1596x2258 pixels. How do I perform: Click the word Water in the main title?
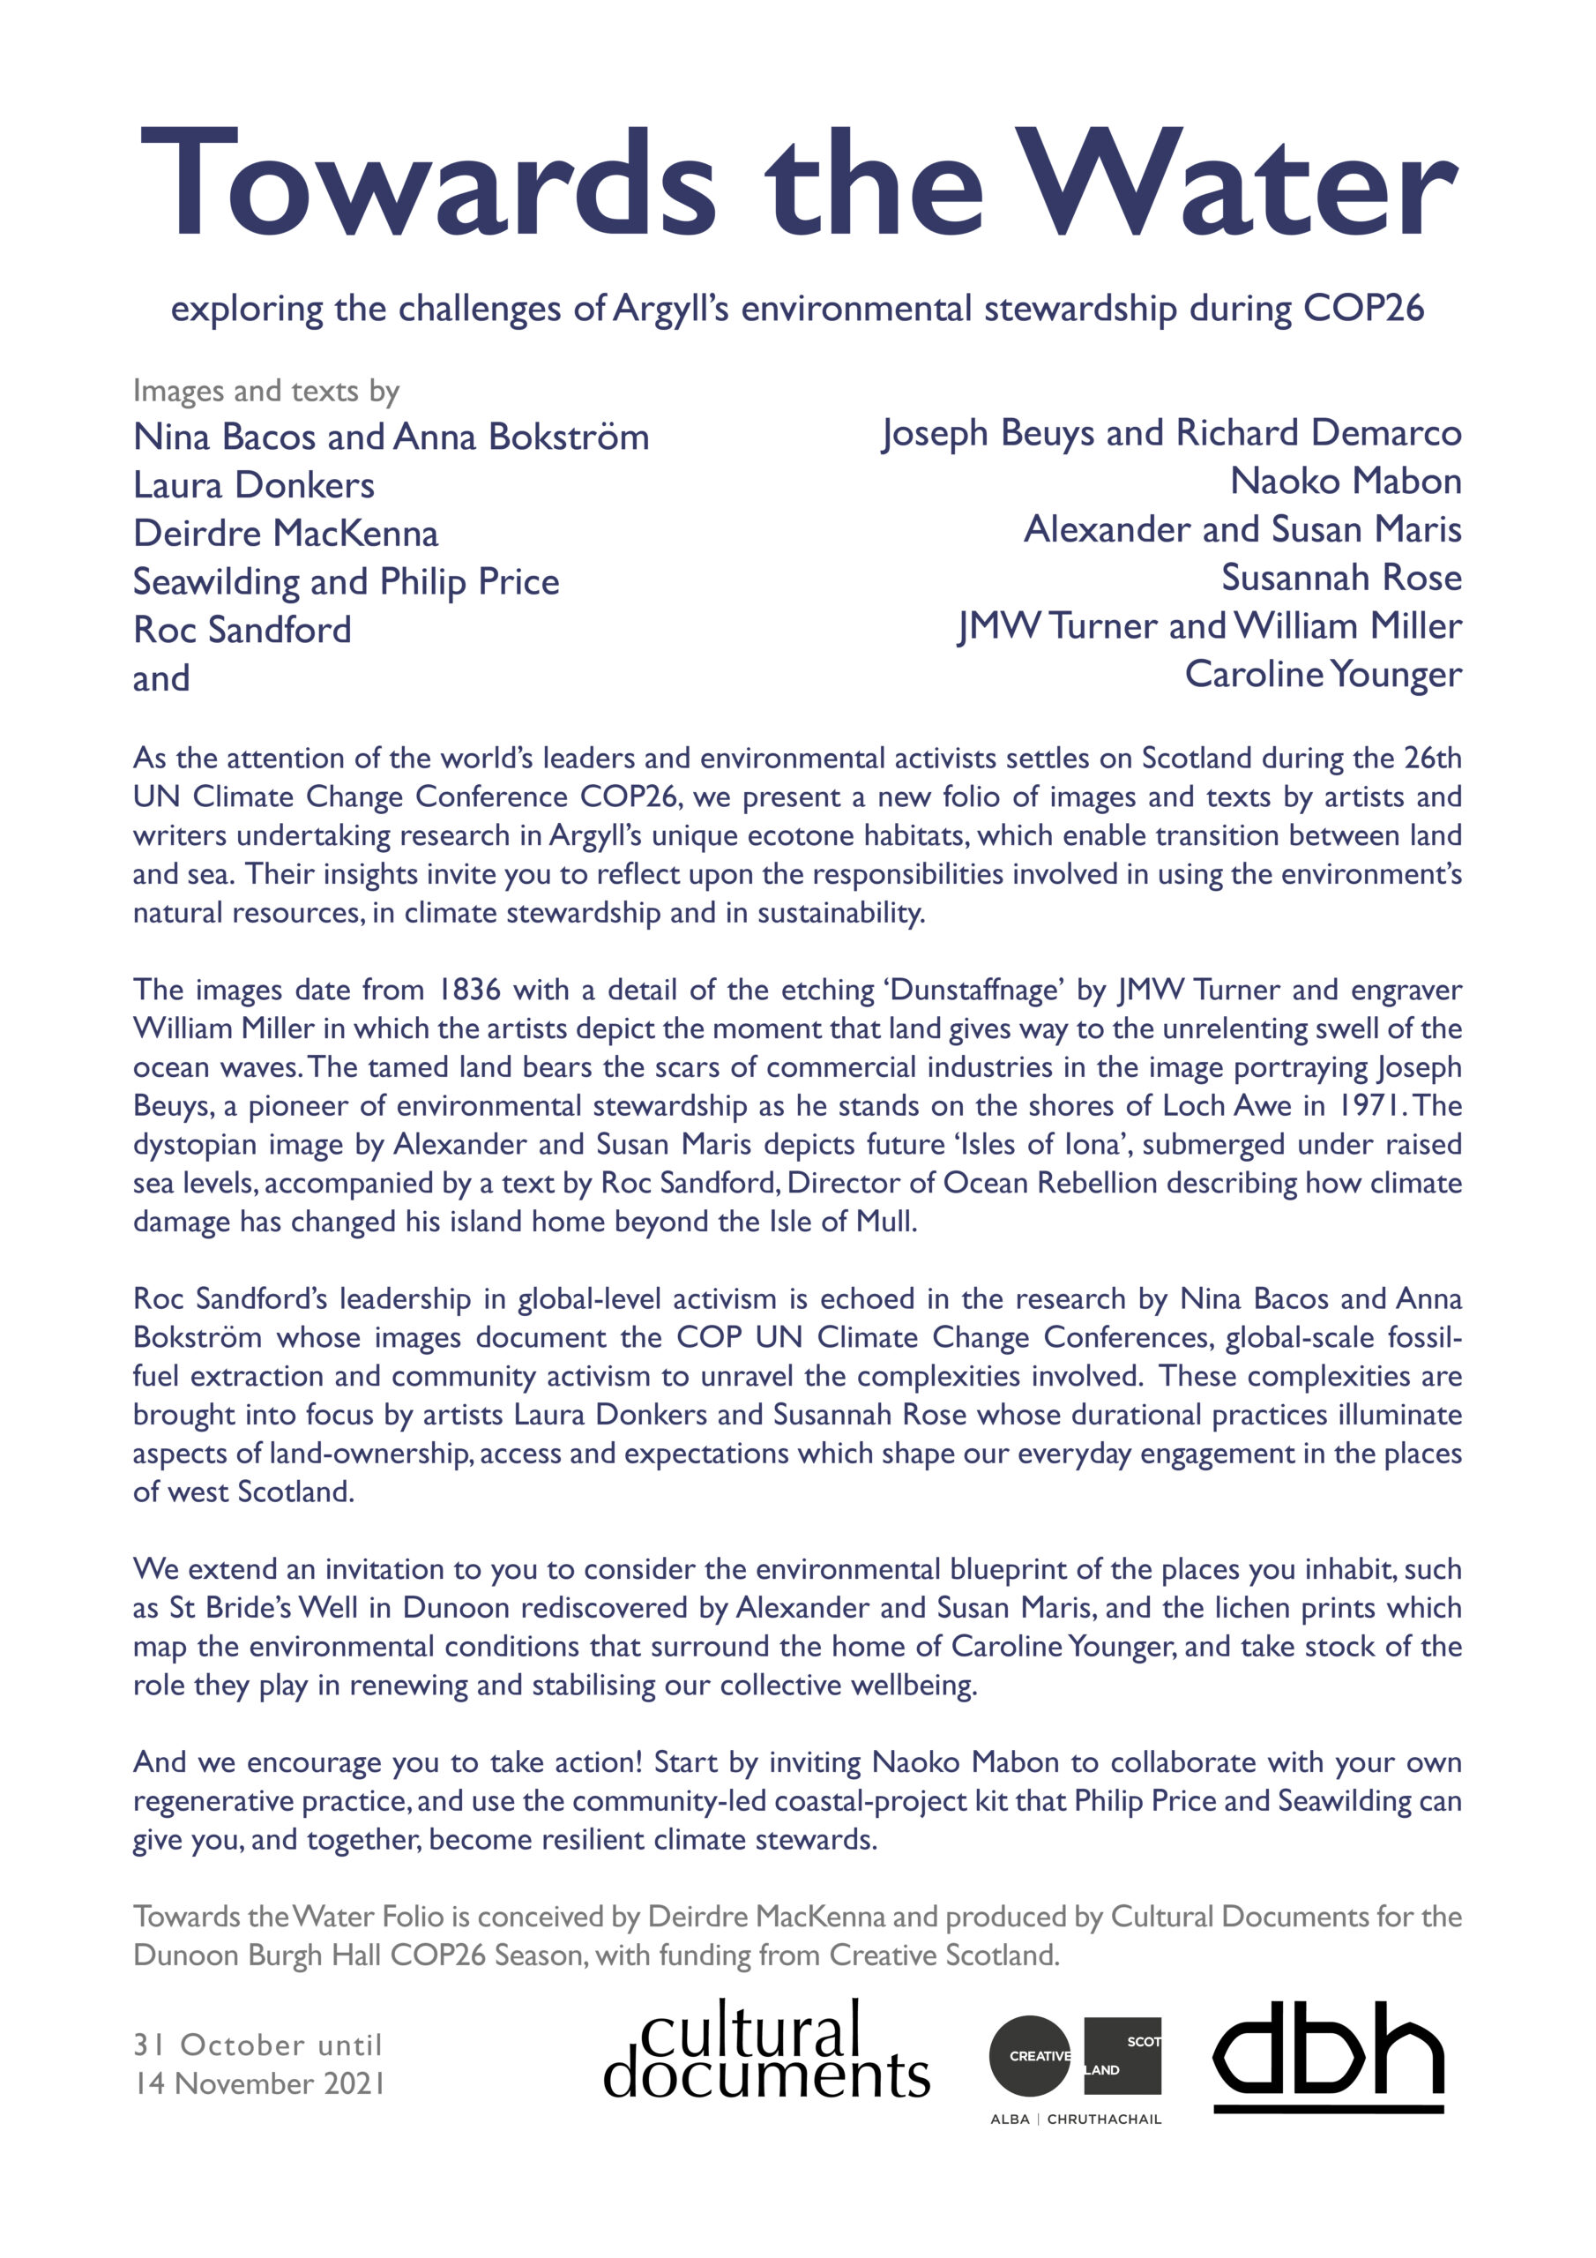1235,184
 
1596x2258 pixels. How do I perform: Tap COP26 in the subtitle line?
1363,309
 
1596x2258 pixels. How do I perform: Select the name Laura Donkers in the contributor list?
254,485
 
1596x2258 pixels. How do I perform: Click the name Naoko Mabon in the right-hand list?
1346,481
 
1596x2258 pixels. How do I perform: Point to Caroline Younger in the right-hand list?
1323,675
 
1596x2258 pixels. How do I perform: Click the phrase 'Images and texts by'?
265,392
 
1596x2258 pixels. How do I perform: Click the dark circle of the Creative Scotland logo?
1029,2055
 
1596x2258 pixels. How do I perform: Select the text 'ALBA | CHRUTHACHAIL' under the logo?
1075,2120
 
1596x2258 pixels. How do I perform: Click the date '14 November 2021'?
258,2083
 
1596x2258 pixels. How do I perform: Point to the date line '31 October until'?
257,2045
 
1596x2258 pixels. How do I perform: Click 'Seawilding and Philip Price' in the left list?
347,581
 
